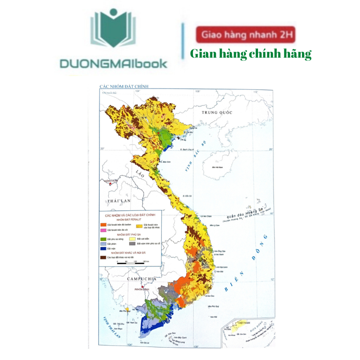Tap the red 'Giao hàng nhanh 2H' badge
click(245, 35)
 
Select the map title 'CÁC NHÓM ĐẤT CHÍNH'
click(124, 86)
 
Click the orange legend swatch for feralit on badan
click(103, 224)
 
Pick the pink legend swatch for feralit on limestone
click(103, 230)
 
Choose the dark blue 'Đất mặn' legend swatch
click(103, 248)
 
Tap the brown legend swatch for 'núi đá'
click(103, 257)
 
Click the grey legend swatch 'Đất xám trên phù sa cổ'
click(132, 243)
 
